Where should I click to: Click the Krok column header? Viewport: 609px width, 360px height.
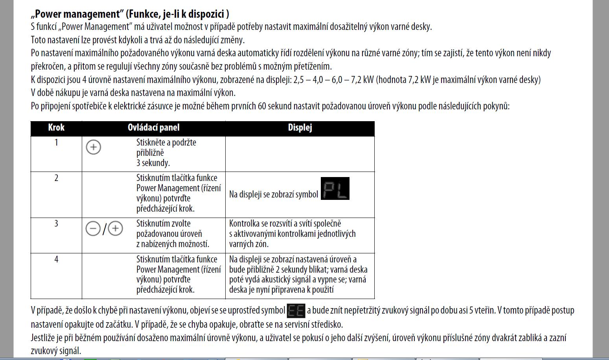pos(56,128)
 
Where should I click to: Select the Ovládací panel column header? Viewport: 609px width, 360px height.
pos(153,128)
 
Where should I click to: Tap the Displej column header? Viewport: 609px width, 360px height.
pos(300,128)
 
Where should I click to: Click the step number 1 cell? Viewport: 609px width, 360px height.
pos(56,142)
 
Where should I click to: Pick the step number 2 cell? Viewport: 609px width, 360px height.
pos(56,178)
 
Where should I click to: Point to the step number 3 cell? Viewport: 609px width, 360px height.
pos(56,223)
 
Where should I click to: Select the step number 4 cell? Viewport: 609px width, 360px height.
pos(56,259)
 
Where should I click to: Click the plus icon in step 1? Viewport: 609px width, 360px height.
pos(93,148)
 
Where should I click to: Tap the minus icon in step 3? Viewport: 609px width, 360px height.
pos(93,229)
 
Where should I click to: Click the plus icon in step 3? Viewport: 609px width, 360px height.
pos(116,229)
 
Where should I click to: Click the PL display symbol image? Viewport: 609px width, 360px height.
pos(335,189)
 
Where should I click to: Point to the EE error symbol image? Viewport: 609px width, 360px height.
pos(296,311)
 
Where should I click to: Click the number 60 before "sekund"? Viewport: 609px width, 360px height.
pos(262,106)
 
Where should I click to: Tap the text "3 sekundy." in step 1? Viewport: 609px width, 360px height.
pos(153,163)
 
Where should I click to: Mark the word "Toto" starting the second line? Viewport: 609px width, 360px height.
pos(39,40)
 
